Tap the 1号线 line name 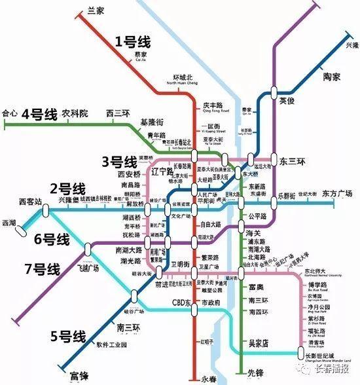(x=133, y=43)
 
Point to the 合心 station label (x=9, y=113)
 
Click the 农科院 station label (x=75, y=113)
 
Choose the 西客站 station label (x=29, y=201)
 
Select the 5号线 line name (x=68, y=337)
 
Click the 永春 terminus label (x=207, y=377)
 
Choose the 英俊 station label (x=287, y=101)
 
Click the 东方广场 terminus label (x=338, y=194)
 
